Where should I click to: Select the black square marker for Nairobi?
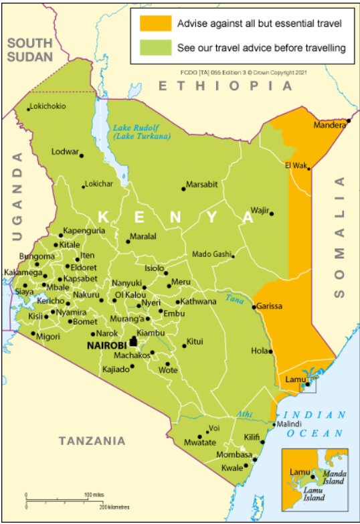133,342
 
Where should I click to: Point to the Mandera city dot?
349,120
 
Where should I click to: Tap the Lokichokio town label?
49,106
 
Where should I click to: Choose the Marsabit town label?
201,184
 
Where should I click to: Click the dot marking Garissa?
254,307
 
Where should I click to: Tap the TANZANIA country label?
92,440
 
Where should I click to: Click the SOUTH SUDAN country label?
30,50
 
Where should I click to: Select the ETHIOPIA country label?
226,86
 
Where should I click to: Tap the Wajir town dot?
272,213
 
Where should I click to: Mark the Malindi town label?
289,424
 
